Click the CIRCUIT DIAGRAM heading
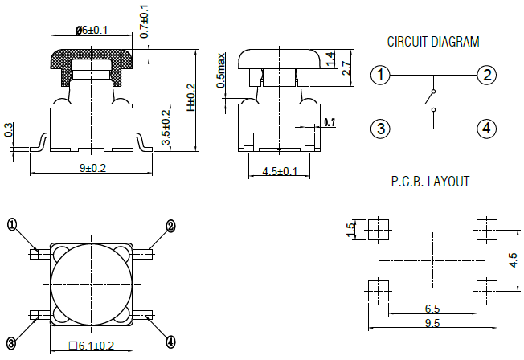click(432, 42)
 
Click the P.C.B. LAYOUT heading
click(431, 182)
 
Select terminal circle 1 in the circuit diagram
click(381, 76)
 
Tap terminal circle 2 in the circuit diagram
click(485, 76)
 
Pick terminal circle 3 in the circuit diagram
click(381, 128)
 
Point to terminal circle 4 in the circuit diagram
click(485, 128)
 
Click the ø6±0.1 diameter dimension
click(91, 30)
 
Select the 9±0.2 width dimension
click(91, 167)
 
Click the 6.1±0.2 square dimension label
click(92, 347)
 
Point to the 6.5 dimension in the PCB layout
click(432, 309)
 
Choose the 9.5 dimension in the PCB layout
click(432, 323)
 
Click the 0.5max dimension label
click(221, 72)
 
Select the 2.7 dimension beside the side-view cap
click(346, 67)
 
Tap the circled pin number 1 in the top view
click(12, 224)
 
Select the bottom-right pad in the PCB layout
click(485, 289)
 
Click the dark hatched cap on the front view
click(91, 58)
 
